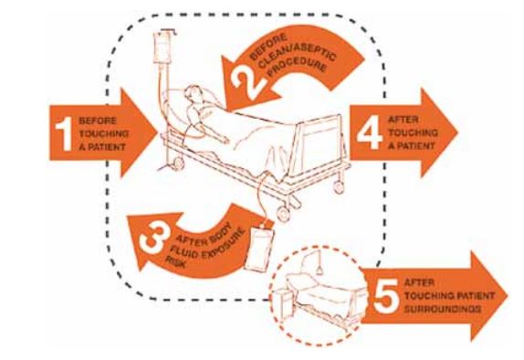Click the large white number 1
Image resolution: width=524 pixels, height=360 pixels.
point(64,133)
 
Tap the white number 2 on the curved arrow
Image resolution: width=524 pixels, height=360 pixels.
point(248,82)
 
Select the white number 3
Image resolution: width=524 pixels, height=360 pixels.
point(153,238)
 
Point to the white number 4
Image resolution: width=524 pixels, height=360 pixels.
point(370,132)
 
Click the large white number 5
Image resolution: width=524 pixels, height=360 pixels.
point(385,295)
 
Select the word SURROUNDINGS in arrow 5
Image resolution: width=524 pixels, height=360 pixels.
point(443,309)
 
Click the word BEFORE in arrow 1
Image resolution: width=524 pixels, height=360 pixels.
point(98,121)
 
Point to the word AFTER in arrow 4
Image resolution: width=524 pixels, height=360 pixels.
point(403,120)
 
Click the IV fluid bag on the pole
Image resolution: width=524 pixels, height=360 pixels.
point(162,48)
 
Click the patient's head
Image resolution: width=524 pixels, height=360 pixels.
point(192,93)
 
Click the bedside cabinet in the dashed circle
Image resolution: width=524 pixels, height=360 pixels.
point(282,302)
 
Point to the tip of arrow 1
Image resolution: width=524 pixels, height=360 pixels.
point(157,132)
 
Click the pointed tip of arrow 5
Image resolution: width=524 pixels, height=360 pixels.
point(508,296)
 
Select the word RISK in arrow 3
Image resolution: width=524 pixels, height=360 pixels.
point(176,262)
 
